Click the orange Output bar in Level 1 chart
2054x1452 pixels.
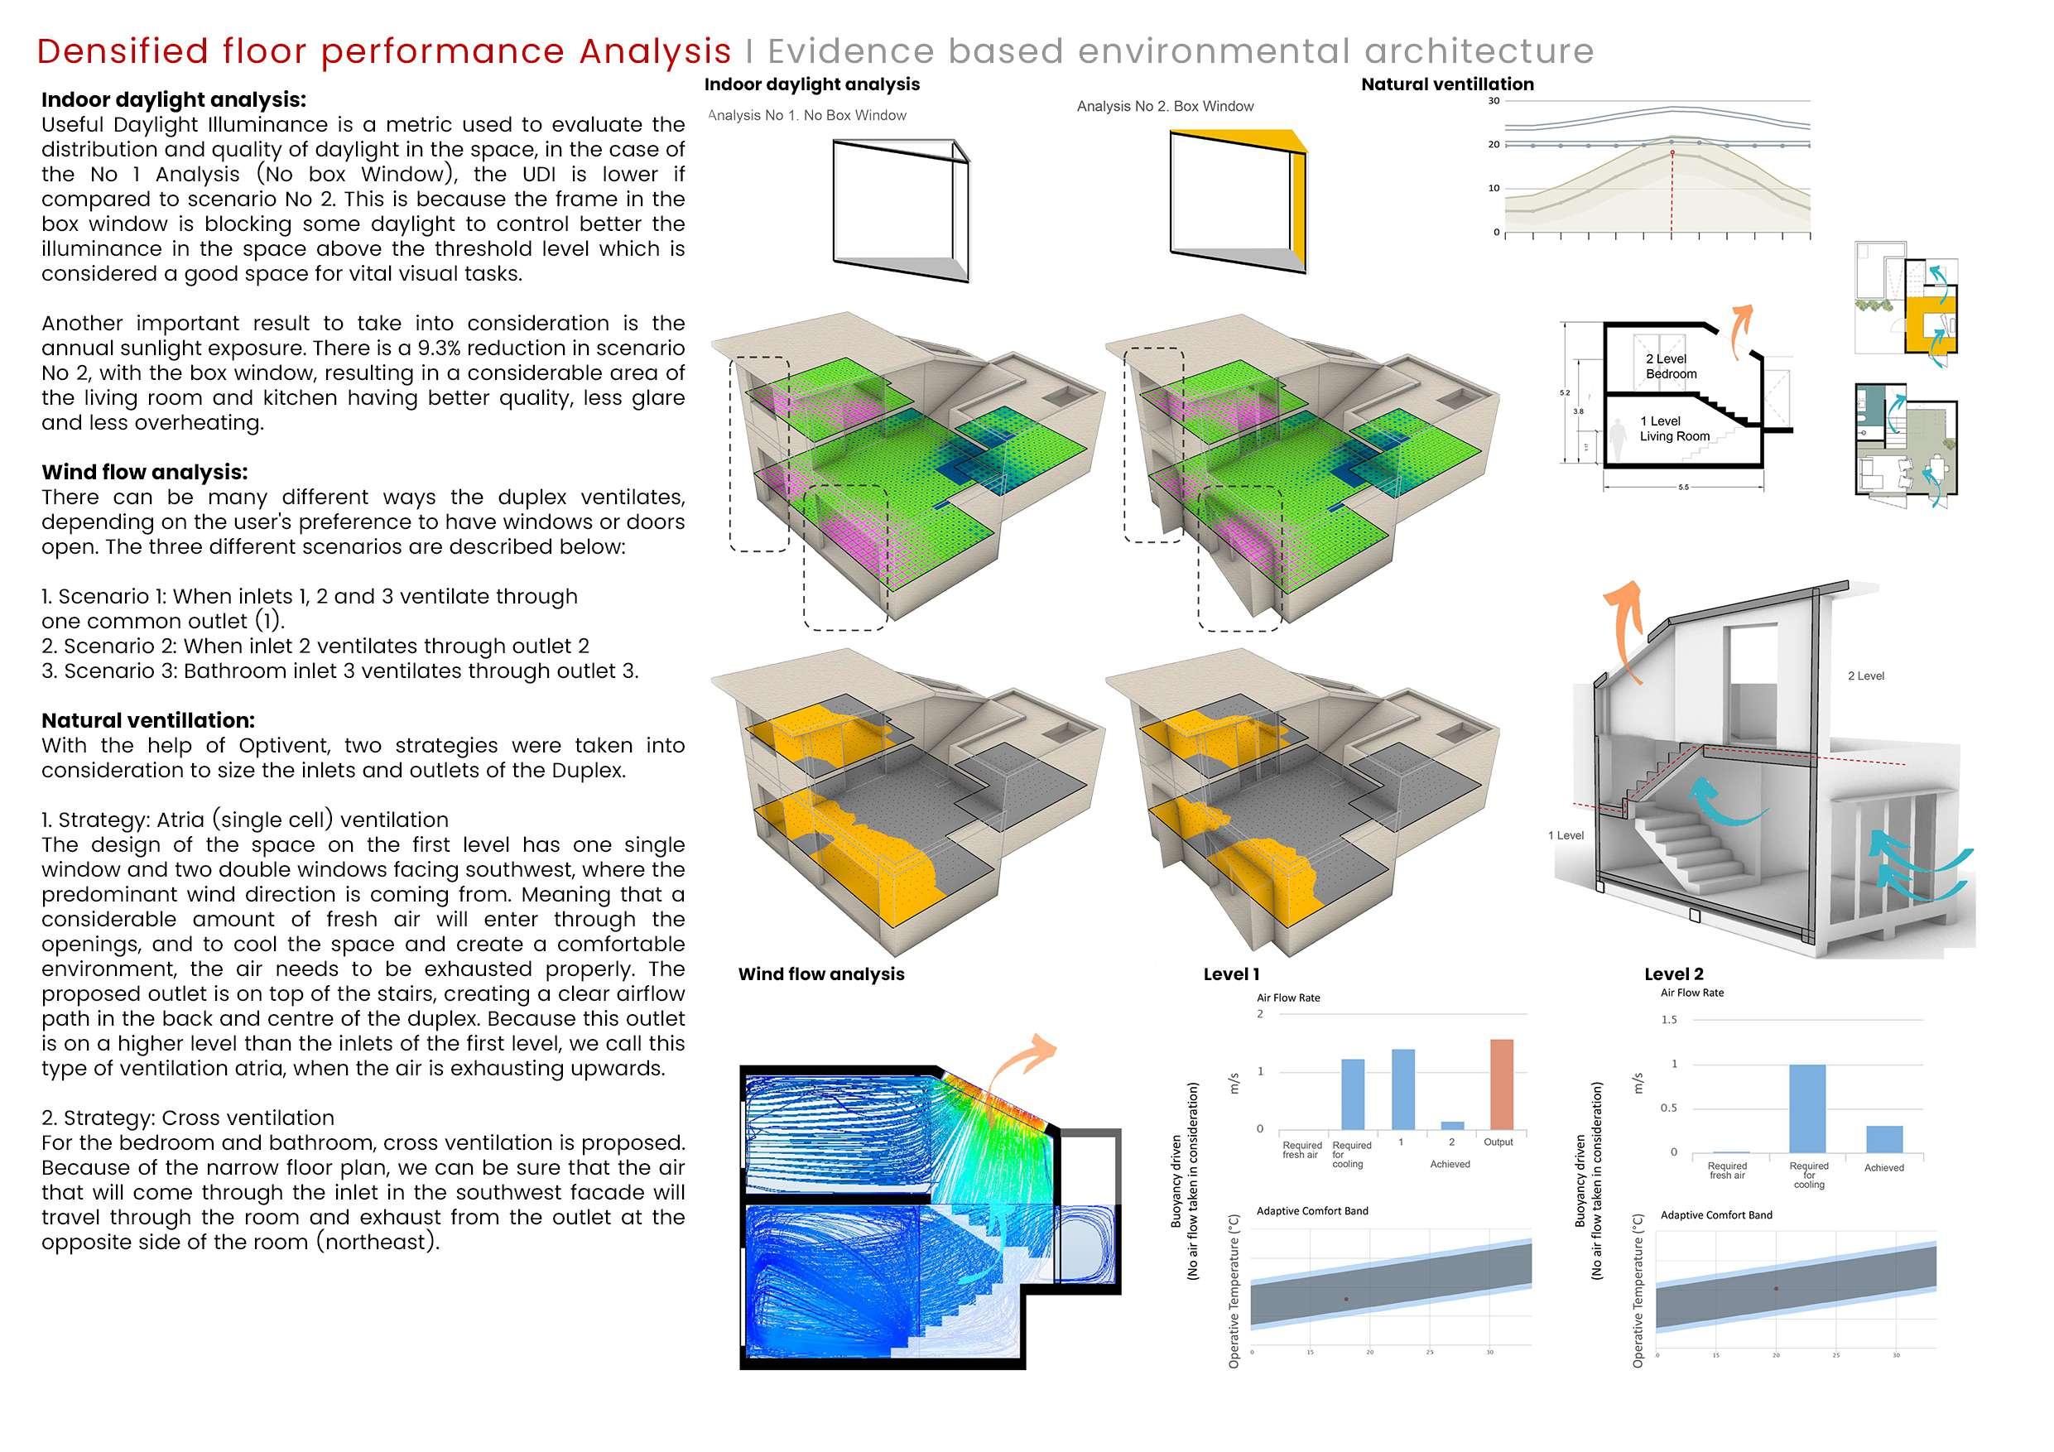(x=1501, y=1084)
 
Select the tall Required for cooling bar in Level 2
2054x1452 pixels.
(x=1807, y=1108)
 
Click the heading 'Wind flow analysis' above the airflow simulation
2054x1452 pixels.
(x=820, y=974)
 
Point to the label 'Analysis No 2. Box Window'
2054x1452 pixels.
(x=1165, y=107)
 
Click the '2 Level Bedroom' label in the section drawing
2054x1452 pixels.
(x=1669, y=366)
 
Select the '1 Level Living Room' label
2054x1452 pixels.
(x=1673, y=429)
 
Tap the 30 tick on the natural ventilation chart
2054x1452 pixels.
(x=1493, y=101)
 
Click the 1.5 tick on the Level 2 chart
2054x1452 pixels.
(x=1668, y=1020)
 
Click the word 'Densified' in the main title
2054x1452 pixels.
(x=123, y=52)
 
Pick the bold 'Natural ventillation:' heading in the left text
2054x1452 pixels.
(x=147, y=720)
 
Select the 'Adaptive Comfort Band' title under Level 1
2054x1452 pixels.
(x=1311, y=1211)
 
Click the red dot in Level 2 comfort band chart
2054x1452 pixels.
(x=1776, y=1288)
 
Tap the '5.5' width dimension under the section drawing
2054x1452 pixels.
(x=1683, y=488)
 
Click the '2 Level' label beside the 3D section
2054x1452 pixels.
(x=1865, y=676)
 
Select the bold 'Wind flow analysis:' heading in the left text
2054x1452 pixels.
(x=144, y=473)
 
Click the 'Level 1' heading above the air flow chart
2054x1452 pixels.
(x=1231, y=974)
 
